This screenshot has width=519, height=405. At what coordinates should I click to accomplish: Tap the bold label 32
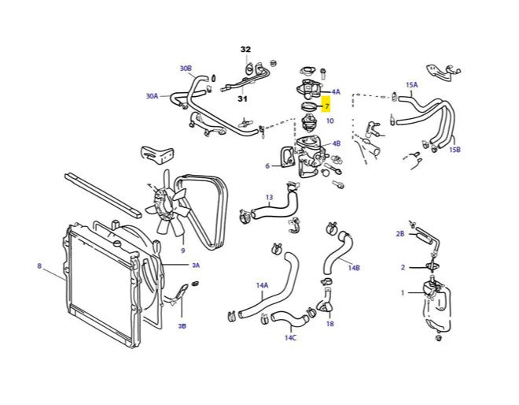point(245,49)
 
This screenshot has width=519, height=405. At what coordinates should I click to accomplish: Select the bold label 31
point(243,98)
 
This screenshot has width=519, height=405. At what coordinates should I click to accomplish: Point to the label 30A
point(152,96)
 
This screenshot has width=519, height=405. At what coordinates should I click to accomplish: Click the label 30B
point(186,69)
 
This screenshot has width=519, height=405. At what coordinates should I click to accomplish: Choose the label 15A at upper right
point(411,84)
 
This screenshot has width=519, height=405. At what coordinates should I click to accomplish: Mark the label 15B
point(455,149)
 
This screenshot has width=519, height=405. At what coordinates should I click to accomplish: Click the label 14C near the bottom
point(291,337)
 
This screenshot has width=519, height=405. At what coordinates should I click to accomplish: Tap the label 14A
point(262,284)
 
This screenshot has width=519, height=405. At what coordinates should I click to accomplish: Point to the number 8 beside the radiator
point(39,266)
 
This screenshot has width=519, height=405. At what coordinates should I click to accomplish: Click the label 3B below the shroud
point(182,325)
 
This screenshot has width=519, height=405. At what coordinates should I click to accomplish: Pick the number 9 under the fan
point(182,251)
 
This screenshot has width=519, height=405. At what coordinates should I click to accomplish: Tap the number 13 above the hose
point(269,197)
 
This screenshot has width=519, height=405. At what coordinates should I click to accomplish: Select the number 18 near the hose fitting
point(329,324)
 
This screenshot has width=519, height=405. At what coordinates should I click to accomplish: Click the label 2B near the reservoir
point(400,234)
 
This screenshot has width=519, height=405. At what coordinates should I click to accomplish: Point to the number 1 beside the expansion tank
point(403,293)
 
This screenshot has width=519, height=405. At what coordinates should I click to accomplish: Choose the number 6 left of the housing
point(267,166)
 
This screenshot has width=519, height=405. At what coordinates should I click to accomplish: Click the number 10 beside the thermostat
point(329,121)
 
